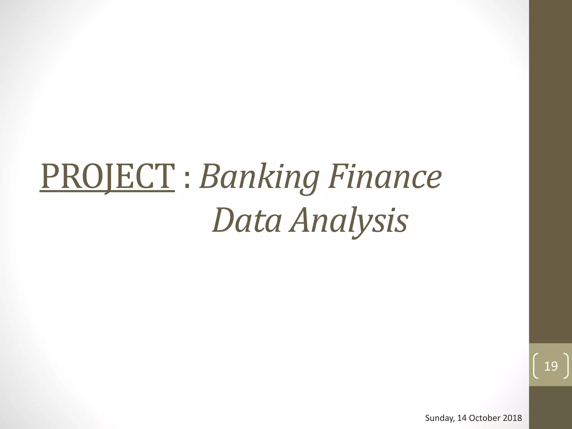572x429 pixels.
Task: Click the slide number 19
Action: tap(551, 366)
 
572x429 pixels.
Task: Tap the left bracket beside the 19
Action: tap(536, 366)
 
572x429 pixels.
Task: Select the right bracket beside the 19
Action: tap(566, 366)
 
